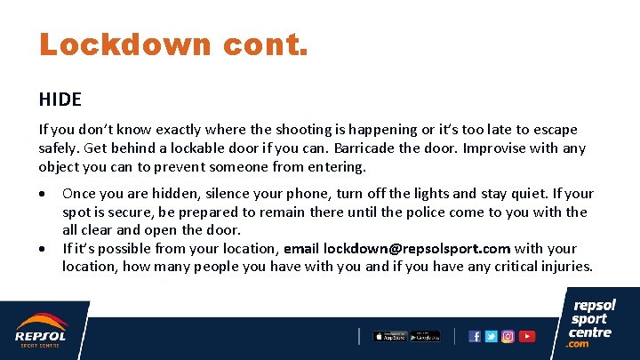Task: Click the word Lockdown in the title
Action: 124,44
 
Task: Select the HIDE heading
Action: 60,99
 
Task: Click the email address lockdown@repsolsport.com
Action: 417,249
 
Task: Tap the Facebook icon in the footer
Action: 475,336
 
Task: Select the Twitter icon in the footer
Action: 492,336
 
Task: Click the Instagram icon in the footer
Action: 508,336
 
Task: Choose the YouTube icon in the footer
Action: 527,336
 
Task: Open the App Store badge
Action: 389,336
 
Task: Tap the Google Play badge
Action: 424,336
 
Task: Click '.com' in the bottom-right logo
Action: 579,344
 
